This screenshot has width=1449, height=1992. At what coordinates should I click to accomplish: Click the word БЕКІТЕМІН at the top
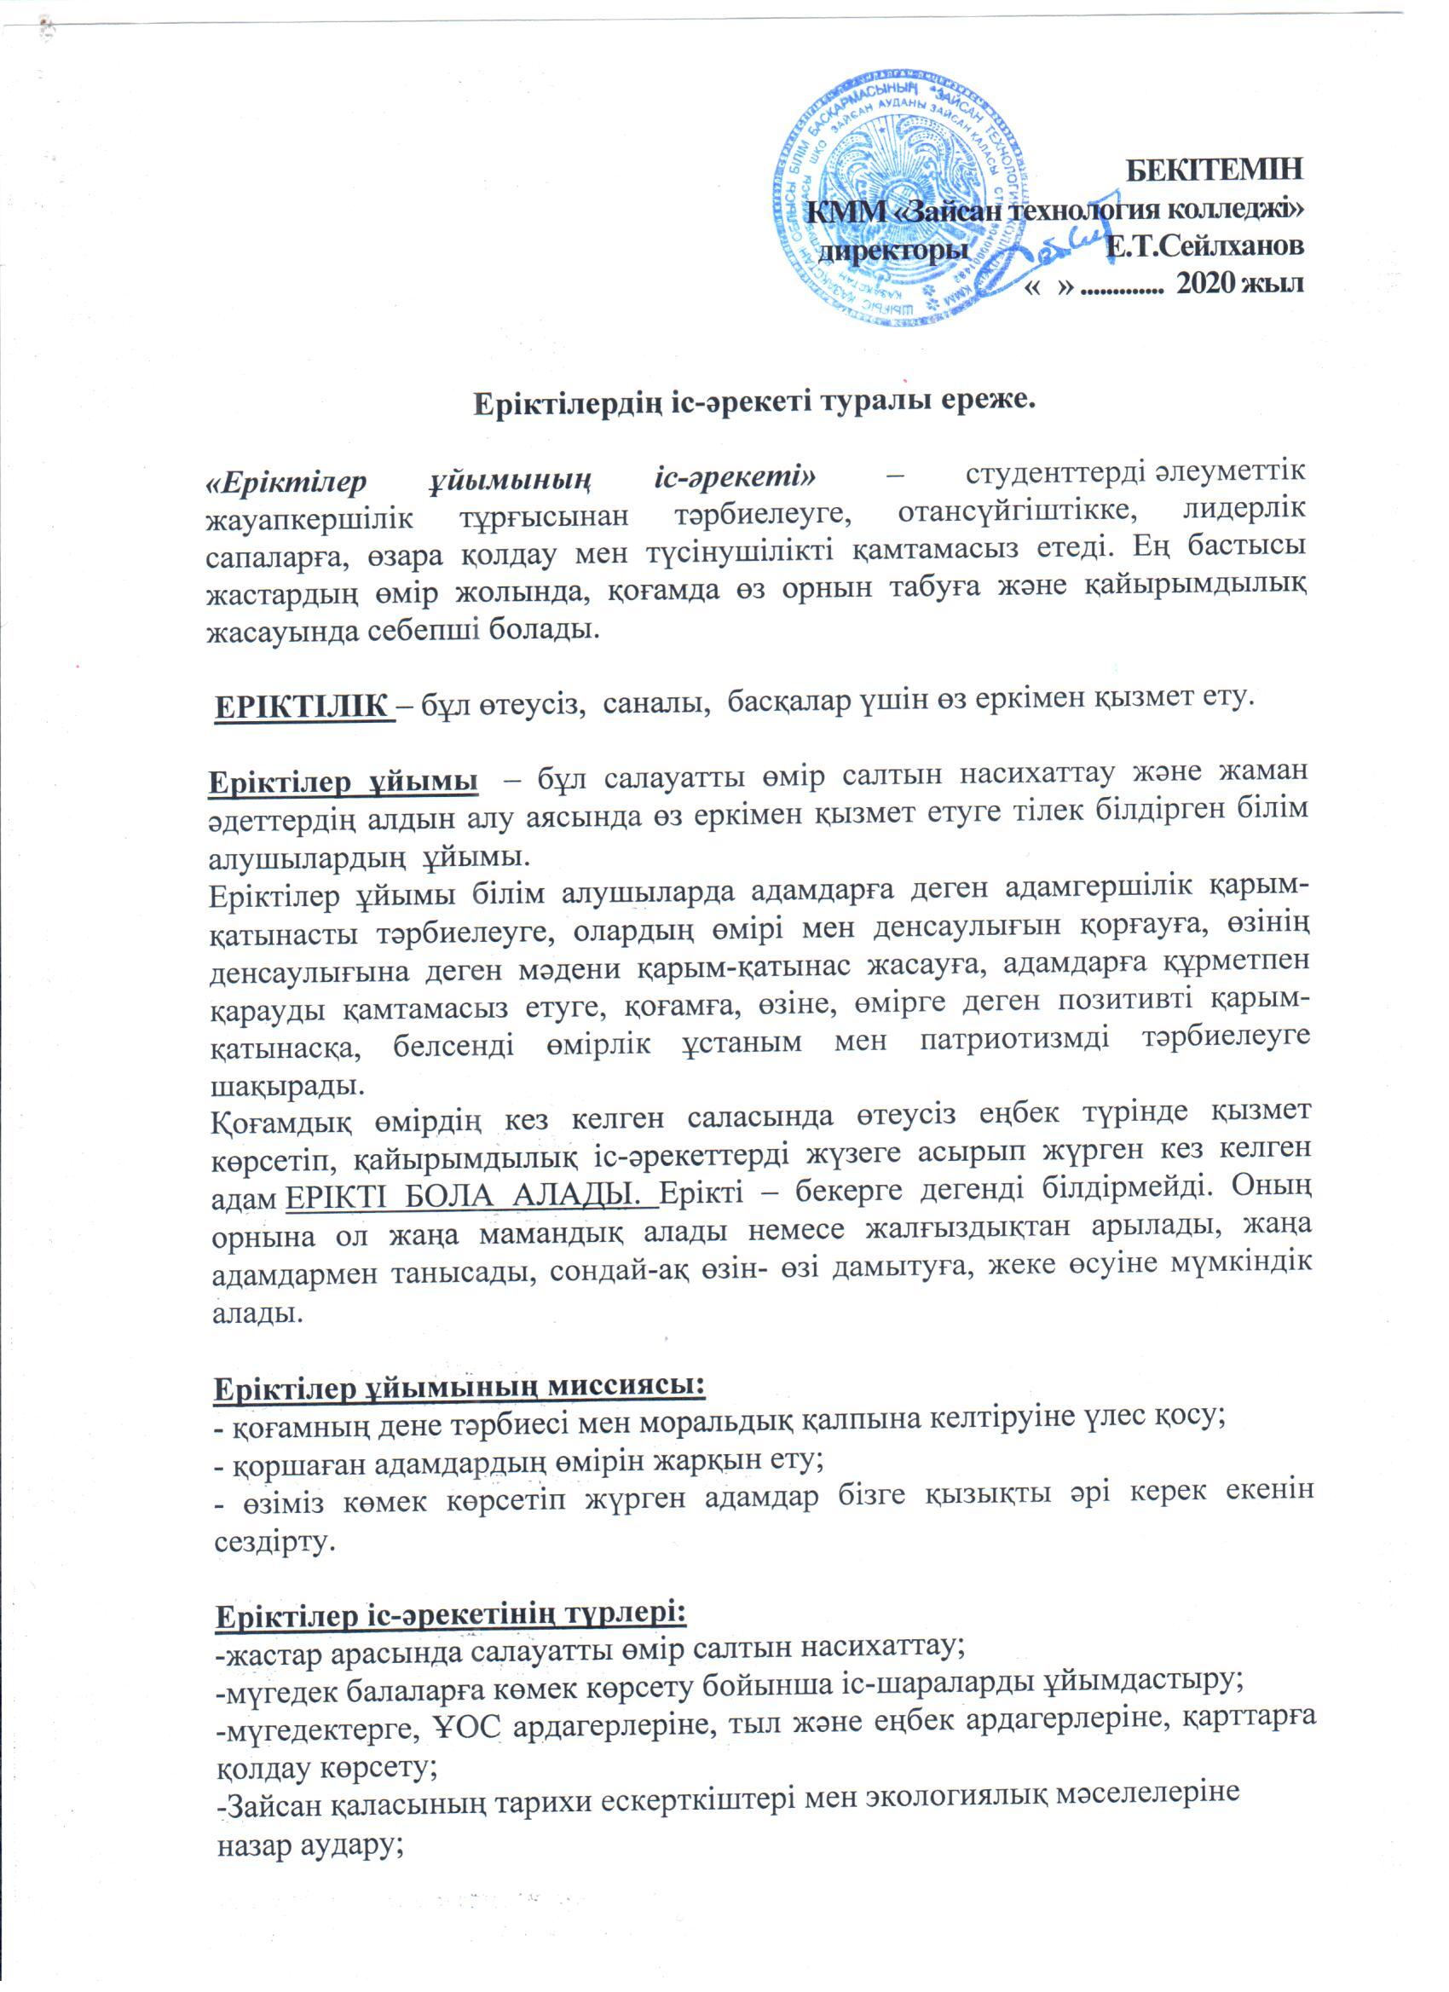pyautogui.click(x=1215, y=170)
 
